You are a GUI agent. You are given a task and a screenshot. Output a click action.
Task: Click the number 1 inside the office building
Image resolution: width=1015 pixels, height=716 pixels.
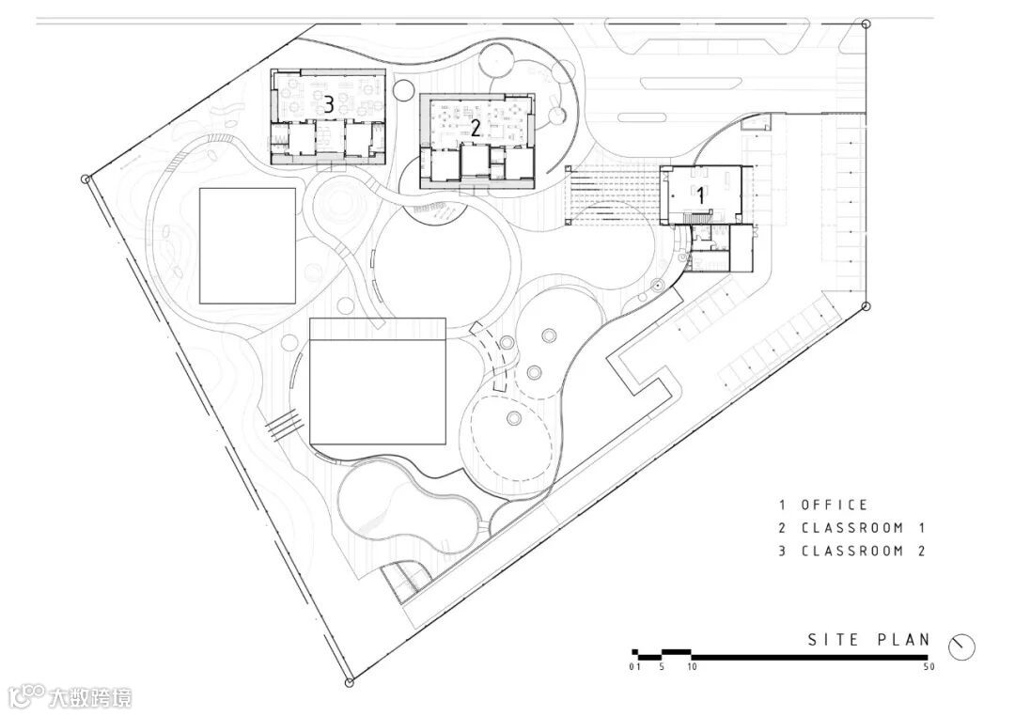pos(700,195)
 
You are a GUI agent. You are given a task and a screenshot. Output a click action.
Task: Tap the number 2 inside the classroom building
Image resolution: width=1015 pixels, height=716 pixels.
pos(476,128)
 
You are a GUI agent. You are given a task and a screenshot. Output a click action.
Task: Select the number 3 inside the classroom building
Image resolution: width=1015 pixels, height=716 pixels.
pos(329,103)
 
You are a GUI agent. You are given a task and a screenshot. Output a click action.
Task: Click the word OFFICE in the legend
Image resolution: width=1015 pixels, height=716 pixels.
pos(834,505)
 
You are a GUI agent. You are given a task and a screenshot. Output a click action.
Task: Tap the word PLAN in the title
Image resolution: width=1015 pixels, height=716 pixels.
pos(904,640)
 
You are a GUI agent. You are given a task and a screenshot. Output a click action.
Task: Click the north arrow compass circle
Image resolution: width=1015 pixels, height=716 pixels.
pos(962,646)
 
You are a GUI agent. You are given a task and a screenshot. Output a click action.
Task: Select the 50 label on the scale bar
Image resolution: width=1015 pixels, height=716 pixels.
pos(929,667)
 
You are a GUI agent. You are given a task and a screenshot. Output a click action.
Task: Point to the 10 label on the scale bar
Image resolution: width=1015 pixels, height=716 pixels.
pos(692,667)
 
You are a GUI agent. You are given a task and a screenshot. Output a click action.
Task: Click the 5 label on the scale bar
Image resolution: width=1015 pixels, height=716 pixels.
pos(662,667)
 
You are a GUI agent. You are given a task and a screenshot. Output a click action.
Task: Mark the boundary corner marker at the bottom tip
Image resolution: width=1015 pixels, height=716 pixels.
pos(349,681)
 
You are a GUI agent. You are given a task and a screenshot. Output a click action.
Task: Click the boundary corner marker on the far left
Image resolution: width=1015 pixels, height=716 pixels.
pos(85,179)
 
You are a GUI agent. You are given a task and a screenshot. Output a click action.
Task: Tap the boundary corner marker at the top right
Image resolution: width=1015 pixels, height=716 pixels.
pos(867,23)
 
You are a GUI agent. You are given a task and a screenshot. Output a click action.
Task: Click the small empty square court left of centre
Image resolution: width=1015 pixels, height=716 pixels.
pos(247,246)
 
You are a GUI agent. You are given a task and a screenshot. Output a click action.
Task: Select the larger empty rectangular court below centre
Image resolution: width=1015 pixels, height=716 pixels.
pos(378,381)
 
